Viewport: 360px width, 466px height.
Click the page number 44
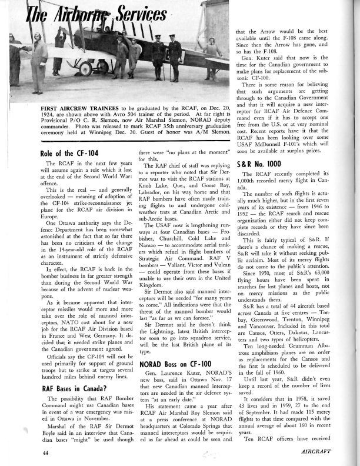[x=29, y=451]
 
